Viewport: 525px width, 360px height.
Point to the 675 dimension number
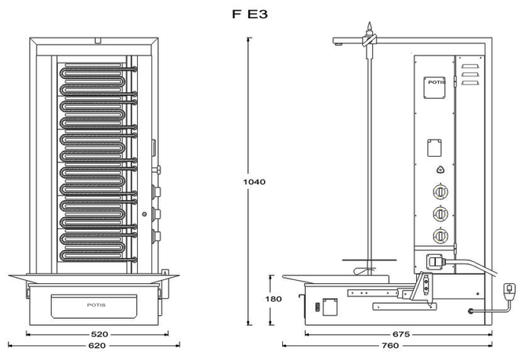coord(401,333)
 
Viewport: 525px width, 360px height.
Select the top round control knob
coord(438,193)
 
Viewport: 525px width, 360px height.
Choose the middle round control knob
coord(438,214)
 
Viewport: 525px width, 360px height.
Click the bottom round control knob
coord(438,235)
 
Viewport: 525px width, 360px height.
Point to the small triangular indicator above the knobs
coord(438,170)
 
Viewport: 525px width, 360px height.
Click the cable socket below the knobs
coord(437,260)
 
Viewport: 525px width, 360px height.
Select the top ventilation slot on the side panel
coord(471,67)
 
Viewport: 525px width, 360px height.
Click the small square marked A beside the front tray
coord(164,272)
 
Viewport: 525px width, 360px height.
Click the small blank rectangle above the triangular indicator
coord(435,145)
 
